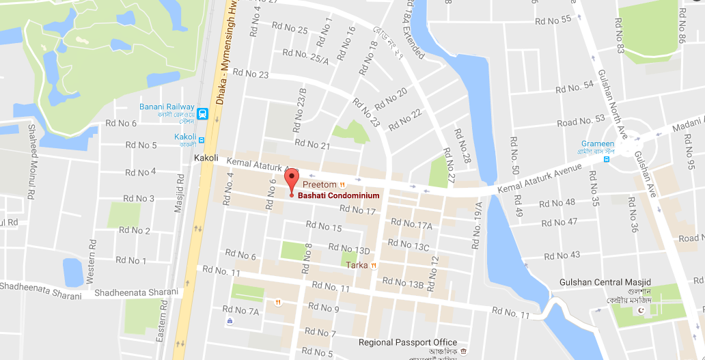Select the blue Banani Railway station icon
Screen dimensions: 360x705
coord(202,114)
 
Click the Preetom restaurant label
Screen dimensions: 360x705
coord(320,184)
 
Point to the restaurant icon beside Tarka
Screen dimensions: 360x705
coord(374,265)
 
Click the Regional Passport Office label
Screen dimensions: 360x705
coord(408,342)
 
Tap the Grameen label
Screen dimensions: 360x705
coord(587,144)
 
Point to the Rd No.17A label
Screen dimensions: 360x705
coord(410,224)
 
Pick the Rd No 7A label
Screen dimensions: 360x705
coord(245,311)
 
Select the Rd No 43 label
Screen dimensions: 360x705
coord(560,255)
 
